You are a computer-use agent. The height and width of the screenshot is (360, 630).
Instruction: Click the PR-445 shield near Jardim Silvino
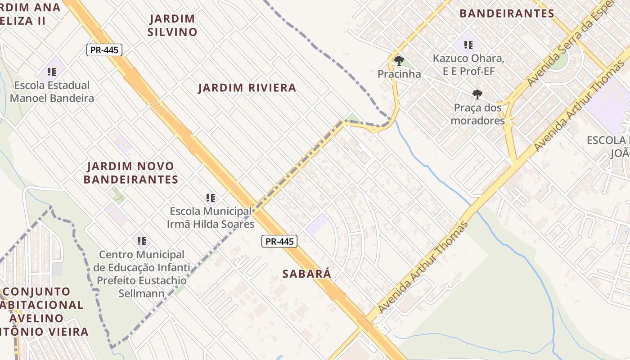point(104,50)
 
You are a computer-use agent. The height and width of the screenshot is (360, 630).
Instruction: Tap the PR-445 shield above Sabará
point(279,241)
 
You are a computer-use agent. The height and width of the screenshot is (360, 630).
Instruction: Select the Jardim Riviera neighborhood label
point(247,88)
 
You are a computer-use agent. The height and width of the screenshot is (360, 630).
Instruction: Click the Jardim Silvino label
point(173,25)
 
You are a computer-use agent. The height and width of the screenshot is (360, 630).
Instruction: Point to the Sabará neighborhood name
point(307,274)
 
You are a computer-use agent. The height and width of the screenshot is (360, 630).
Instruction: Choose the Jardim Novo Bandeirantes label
point(131,173)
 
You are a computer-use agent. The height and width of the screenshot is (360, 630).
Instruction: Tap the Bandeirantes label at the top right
point(507,13)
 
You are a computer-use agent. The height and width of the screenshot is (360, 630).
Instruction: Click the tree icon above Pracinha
point(399,60)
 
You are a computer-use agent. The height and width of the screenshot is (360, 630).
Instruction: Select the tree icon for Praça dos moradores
point(477,94)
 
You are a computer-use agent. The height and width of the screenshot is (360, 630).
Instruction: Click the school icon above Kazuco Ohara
point(468,45)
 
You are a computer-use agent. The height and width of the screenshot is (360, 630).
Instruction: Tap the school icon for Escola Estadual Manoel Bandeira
point(52,72)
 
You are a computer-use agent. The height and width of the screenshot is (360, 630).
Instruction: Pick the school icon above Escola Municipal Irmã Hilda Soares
point(210,198)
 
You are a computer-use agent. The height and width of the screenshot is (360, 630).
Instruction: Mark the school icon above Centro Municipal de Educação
point(142,241)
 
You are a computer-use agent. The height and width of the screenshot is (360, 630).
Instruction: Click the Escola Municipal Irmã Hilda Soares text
point(211,218)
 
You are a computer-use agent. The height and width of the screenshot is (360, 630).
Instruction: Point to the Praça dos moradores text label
point(477,114)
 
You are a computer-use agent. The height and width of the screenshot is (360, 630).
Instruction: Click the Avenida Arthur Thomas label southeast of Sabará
point(423,268)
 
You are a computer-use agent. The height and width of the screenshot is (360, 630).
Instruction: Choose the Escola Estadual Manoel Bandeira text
point(52,92)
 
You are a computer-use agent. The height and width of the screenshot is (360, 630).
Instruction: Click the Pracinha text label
point(399,74)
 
